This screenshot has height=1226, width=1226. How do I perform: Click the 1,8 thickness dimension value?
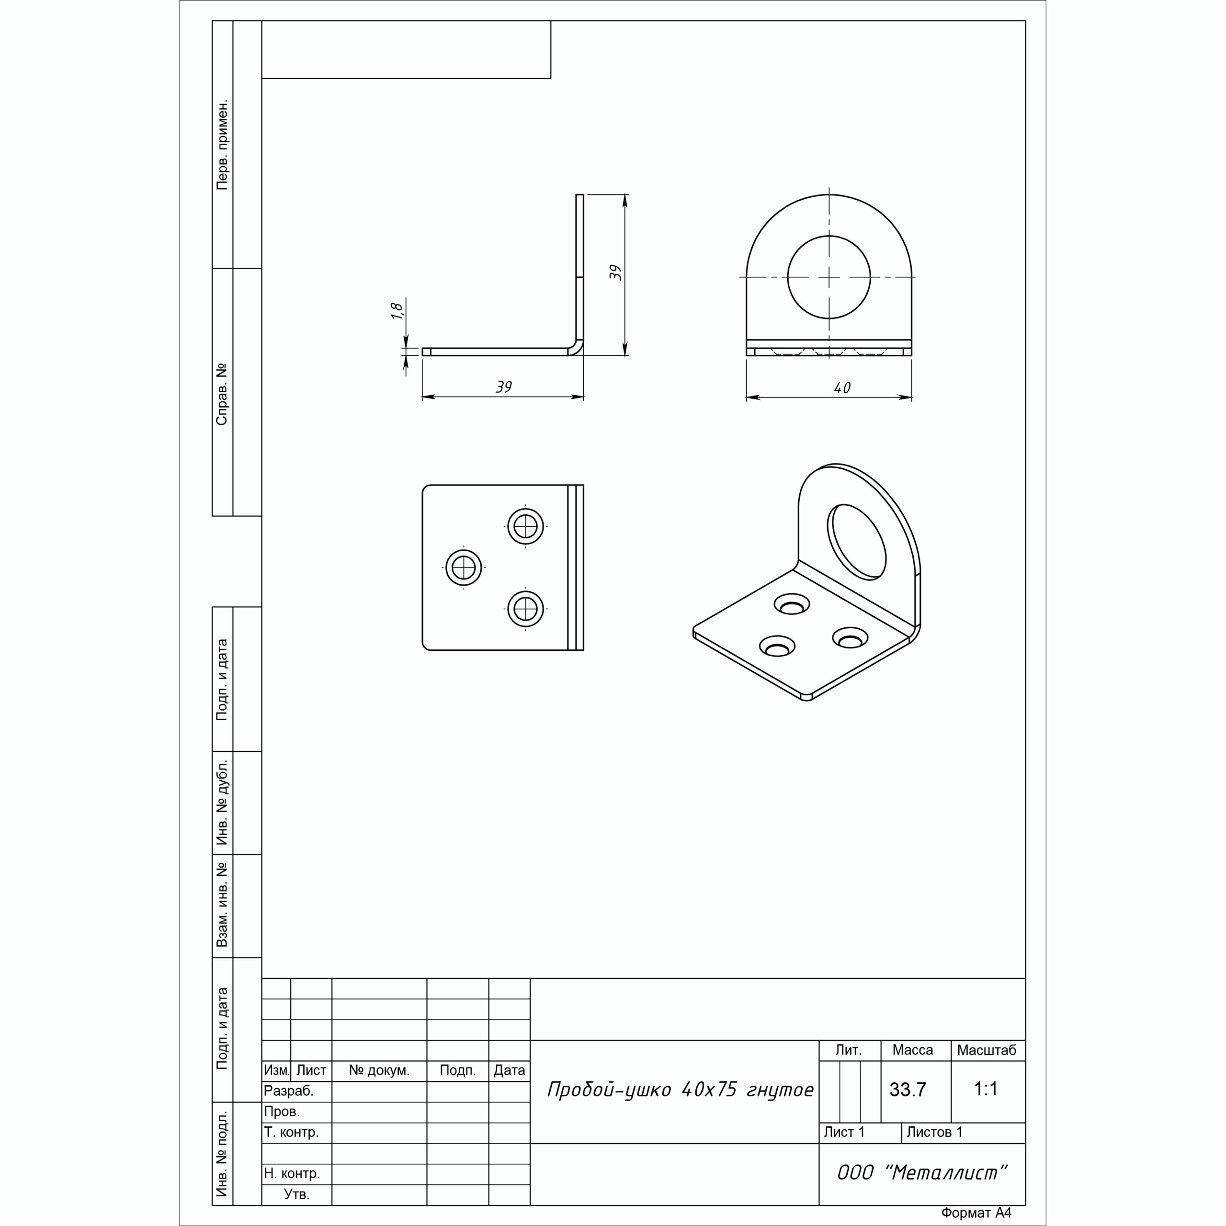[x=397, y=310]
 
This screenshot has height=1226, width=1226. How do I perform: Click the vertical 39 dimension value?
[x=615, y=273]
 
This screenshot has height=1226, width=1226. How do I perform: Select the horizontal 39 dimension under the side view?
[x=504, y=386]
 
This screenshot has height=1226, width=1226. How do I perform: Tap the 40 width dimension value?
[x=842, y=388]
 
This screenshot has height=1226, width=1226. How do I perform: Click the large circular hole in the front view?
[x=829, y=277]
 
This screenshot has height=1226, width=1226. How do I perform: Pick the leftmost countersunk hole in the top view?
[x=464, y=568]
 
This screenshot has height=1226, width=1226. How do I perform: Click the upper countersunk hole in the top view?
[x=525, y=526]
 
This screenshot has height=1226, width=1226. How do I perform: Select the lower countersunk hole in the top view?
[x=525, y=609]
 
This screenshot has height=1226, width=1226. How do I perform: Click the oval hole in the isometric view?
[x=857, y=541]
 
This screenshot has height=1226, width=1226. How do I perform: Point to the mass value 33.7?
[x=908, y=1090]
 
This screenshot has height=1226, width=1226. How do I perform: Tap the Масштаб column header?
[x=987, y=1050]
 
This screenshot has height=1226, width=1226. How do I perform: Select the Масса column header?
[x=912, y=1050]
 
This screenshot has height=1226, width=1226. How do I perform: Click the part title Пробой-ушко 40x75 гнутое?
[x=680, y=1090]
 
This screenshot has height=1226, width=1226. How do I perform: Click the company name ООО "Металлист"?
[x=922, y=1173]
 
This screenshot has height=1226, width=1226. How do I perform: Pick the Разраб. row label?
[x=289, y=1091]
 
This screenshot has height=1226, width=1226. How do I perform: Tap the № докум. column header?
[x=379, y=1070]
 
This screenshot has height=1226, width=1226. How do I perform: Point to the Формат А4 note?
[x=976, y=1213]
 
